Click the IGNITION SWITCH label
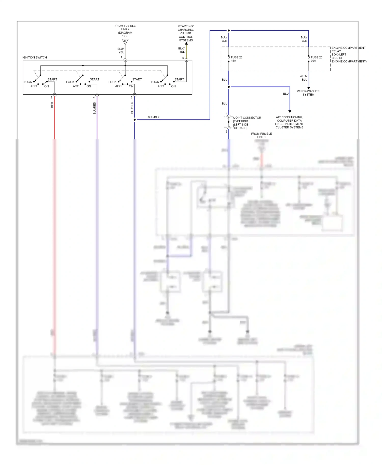coord(35,57)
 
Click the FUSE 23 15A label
coord(236,59)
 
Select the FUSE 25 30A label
coord(316,59)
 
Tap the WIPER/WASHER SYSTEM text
coord(308,93)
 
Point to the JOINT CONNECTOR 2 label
coord(247,123)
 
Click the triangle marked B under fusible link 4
coord(125,41)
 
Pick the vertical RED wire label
coord(52,105)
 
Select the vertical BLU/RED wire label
coord(94,108)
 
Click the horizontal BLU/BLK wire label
coord(154,117)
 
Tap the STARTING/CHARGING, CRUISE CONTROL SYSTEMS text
coord(186,33)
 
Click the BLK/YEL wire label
coord(182,50)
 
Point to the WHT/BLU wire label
coord(304,78)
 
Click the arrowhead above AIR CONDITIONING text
coord(290,111)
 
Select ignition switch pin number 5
coord(183,58)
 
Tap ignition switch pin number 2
coord(51,97)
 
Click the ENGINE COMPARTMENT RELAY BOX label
coord(348,54)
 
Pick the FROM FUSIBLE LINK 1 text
coord(261,135)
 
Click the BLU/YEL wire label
coord(121,50)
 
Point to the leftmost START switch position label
coord(52,79)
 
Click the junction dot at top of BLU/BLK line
coord(229,31)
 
